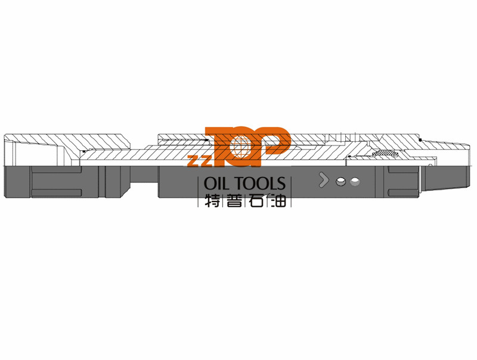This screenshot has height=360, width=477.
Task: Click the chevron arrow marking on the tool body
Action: (323, 179)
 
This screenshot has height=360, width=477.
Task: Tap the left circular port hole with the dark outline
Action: (340, 182)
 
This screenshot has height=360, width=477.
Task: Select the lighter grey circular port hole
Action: (355, 182)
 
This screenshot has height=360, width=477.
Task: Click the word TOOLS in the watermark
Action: (261, 184)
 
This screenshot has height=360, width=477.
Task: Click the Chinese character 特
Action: (212, 200)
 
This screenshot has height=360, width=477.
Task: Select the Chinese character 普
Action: (234, 200)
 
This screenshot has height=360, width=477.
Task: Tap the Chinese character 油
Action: (278, 200)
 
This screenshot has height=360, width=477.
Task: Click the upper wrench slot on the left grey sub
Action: (57, 170)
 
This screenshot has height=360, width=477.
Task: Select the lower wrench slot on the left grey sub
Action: (57, 193)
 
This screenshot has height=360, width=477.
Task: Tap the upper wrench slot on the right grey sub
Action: (403, 170)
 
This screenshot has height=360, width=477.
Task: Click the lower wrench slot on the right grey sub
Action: (403, 193)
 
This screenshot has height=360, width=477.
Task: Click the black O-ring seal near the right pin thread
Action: (420, 140)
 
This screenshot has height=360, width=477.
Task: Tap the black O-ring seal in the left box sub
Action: (83, 151)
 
